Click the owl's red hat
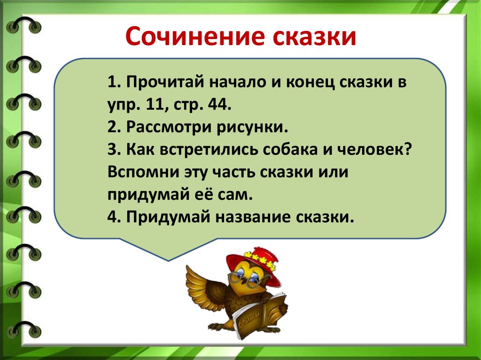click(253, 263)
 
